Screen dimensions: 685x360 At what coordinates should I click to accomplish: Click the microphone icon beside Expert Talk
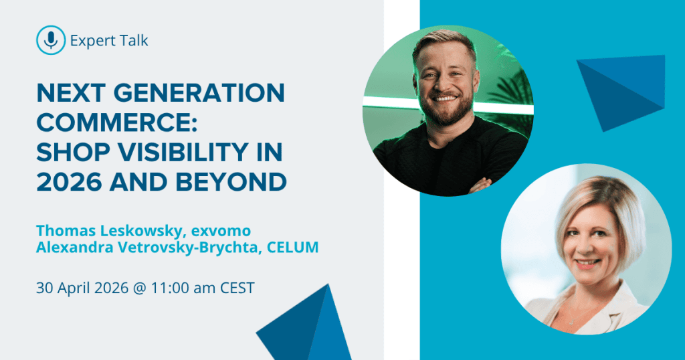[x=51, y=40]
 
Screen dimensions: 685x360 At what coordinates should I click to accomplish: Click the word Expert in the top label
[x=90, y=41]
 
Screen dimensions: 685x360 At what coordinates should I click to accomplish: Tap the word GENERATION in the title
[x=199, y=93]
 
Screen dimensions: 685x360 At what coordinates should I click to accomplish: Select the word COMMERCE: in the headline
[x=116, y=122]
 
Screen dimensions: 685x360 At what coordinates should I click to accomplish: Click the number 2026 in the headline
[x=70, y=182]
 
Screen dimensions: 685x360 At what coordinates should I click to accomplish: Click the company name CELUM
[x=293, y=248]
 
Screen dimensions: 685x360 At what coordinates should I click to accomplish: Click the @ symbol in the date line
[x=139, y=289]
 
